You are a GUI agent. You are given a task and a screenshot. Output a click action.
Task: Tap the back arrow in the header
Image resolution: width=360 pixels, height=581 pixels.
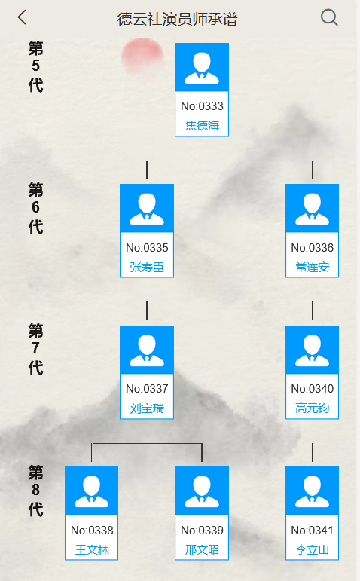(x=23, y=17)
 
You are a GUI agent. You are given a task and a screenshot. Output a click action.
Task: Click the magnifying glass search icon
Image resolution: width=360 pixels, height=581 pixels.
(x=329, y=17)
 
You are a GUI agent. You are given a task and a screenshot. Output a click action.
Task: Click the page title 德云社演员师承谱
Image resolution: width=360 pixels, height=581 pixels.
(x=177, y=19)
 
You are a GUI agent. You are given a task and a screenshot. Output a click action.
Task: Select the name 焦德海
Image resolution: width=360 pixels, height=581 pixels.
(x=202, y=126)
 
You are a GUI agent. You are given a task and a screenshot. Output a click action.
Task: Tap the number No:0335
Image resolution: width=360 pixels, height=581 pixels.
(x=147, y=247)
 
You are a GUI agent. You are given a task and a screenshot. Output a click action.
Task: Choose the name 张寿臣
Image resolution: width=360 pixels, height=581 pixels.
(x=147, y=268)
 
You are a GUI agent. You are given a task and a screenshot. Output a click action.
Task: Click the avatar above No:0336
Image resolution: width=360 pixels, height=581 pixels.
(x=312, y=208)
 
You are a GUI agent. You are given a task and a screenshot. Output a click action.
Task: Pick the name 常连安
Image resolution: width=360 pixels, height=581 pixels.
(x=312, y=268)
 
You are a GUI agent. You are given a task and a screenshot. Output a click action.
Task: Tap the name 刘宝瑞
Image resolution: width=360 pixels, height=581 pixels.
(x=147, y=408)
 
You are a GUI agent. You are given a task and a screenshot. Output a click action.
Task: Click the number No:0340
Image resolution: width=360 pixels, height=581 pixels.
(x=313, y=389)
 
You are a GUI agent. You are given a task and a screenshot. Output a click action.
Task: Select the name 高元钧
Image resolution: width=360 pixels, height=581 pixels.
(x=312, y=408)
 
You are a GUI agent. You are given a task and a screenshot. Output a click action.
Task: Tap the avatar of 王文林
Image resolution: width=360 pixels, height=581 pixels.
(x=91, y=491)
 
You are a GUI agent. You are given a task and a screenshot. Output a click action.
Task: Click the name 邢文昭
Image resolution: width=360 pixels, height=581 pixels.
(x=202, y=549)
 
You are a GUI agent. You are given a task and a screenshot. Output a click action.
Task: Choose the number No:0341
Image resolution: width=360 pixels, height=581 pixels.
(x=313, y=531)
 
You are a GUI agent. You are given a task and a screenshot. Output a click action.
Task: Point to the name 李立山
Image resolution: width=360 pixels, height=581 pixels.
(x=312, y=549)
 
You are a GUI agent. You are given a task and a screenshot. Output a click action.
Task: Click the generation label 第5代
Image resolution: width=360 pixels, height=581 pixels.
(x=35, y=66)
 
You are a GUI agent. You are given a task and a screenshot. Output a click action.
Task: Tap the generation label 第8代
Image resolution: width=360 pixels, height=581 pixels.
(x=35, y=491)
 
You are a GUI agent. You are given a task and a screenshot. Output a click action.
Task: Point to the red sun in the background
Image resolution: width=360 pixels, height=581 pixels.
(x=142, y=56)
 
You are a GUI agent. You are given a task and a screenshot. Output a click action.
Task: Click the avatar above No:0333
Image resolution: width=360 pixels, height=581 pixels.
(x=202, y=67)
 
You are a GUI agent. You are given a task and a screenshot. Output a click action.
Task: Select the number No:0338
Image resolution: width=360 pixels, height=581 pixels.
(x=92, y=531)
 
